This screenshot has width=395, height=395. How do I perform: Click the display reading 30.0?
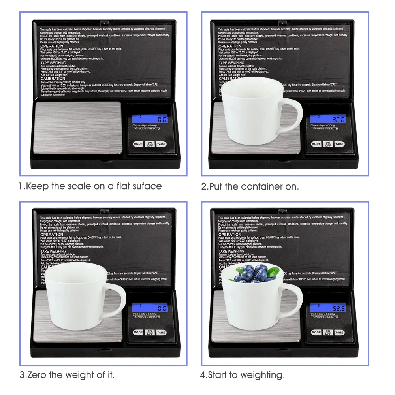[328, 119]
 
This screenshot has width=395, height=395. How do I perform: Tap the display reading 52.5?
[328, 308]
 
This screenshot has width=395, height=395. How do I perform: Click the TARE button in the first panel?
[161, 144]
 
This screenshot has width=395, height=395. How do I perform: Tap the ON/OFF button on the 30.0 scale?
[327, 144]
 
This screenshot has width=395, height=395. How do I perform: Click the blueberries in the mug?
[253, 273]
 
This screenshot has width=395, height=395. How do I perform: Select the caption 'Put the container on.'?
[250, 186]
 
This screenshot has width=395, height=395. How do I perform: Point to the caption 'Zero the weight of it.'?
[67, 375]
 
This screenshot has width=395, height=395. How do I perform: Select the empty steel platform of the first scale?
[78, 127]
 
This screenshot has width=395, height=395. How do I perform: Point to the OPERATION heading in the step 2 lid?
[229, 46]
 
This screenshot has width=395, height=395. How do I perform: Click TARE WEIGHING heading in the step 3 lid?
[53, 251]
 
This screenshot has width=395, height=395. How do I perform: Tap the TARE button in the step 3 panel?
[161, 333]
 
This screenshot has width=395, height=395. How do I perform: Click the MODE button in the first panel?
[138, 144]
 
